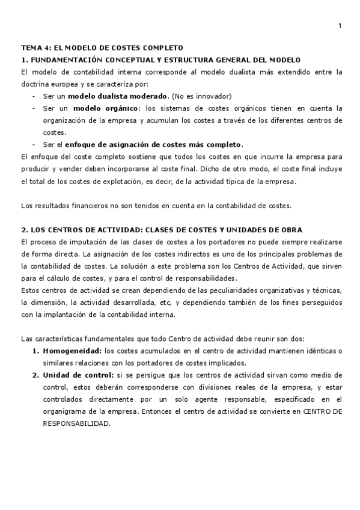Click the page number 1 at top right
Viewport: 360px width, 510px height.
340,25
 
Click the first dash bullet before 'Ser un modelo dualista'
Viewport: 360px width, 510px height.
34,96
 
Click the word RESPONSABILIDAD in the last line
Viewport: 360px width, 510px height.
76,406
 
